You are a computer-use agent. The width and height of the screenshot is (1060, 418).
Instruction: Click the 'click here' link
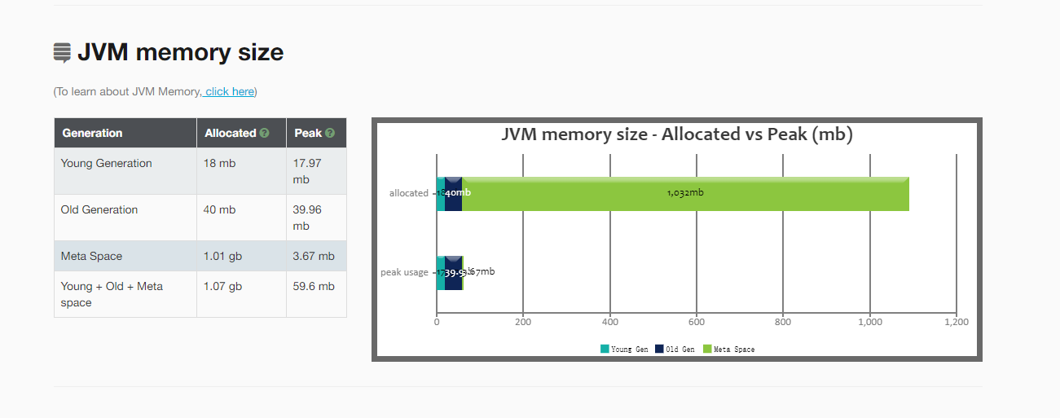pyautogui.click(x=230, y=91)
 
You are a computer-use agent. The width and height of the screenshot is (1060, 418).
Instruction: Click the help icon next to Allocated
pyautogui.click(x=264, y=133)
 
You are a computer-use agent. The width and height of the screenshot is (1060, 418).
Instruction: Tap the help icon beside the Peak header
pyautogui.click(x=329, y=133)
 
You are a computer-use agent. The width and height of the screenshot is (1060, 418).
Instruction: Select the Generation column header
pyautogui.click(x=92, y=133)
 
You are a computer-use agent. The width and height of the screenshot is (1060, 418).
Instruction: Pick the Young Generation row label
pyautogui.click(x=106, y=163)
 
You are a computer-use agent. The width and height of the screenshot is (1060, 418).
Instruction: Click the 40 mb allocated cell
pyautogui.click(x=219, y=209)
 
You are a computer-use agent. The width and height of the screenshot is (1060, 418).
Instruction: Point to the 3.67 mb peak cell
pyautogui.click(x=314, y=256)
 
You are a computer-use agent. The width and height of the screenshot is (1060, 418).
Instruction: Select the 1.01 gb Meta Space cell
pyautogui.click(x=222, y=256)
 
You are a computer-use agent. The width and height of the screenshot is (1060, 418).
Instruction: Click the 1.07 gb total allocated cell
pyautogui.click(x=222, y=286)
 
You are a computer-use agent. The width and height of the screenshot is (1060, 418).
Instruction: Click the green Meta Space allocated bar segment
pyautogui.click(x=684, y=194)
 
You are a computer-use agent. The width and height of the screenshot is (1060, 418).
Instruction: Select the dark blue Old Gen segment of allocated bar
pyautogui.click(x=454, y=194)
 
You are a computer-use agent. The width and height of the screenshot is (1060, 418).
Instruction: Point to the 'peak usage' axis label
pyautogui.click(x=404, y=272)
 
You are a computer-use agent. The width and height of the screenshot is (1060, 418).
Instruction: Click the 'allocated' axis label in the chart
pyautogui.click(x=408, y=193)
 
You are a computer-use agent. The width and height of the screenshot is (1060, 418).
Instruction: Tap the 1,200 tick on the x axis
pyautogui.click(x=956, y=322)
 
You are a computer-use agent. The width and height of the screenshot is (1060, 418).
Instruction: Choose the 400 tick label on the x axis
pyautogui.click(x=610, y=322)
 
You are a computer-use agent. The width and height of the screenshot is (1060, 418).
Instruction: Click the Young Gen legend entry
pyautogui.click(x=625, y=350)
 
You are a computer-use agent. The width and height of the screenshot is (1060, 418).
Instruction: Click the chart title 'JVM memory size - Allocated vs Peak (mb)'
pyautogui.click(x=676, y=134)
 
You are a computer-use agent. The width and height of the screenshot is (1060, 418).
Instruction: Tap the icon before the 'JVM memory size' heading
pyautogui.click(x=62, y=53)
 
